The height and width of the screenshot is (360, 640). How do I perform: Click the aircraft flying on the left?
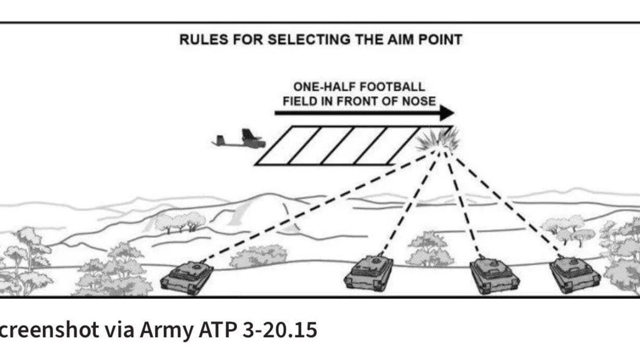click(240, 139)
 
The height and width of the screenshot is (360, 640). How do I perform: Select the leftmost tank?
click(187, 277)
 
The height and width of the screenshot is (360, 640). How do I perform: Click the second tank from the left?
click(368, 273)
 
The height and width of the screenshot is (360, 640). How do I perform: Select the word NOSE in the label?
click(419, 100)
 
